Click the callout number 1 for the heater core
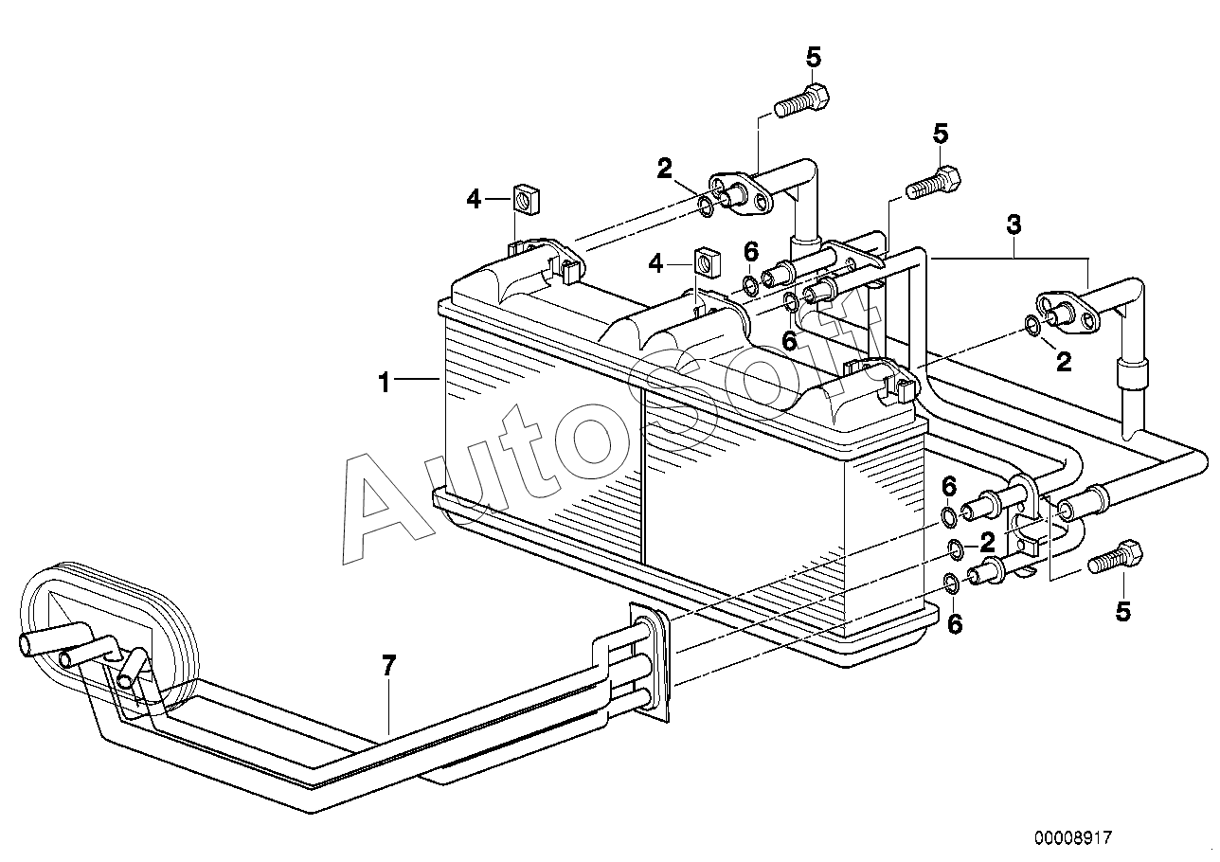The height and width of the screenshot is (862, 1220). [385, 383]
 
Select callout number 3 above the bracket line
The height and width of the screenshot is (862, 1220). [1014, 225]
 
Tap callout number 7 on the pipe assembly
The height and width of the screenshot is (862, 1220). [388, 666]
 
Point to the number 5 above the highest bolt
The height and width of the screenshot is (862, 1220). [814, 57]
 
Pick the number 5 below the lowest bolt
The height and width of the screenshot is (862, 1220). [1123, 612]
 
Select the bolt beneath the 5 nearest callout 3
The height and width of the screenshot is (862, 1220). [933, 182]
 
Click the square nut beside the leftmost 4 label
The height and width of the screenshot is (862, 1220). [524, 199]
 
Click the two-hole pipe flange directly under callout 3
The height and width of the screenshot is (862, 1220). [1067, 314]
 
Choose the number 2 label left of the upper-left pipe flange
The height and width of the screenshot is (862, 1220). [665, 170]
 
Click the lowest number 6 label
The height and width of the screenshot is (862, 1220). [955, 623]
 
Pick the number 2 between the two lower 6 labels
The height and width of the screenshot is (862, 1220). [987, 542]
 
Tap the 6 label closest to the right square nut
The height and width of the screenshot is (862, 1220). [751, 252]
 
